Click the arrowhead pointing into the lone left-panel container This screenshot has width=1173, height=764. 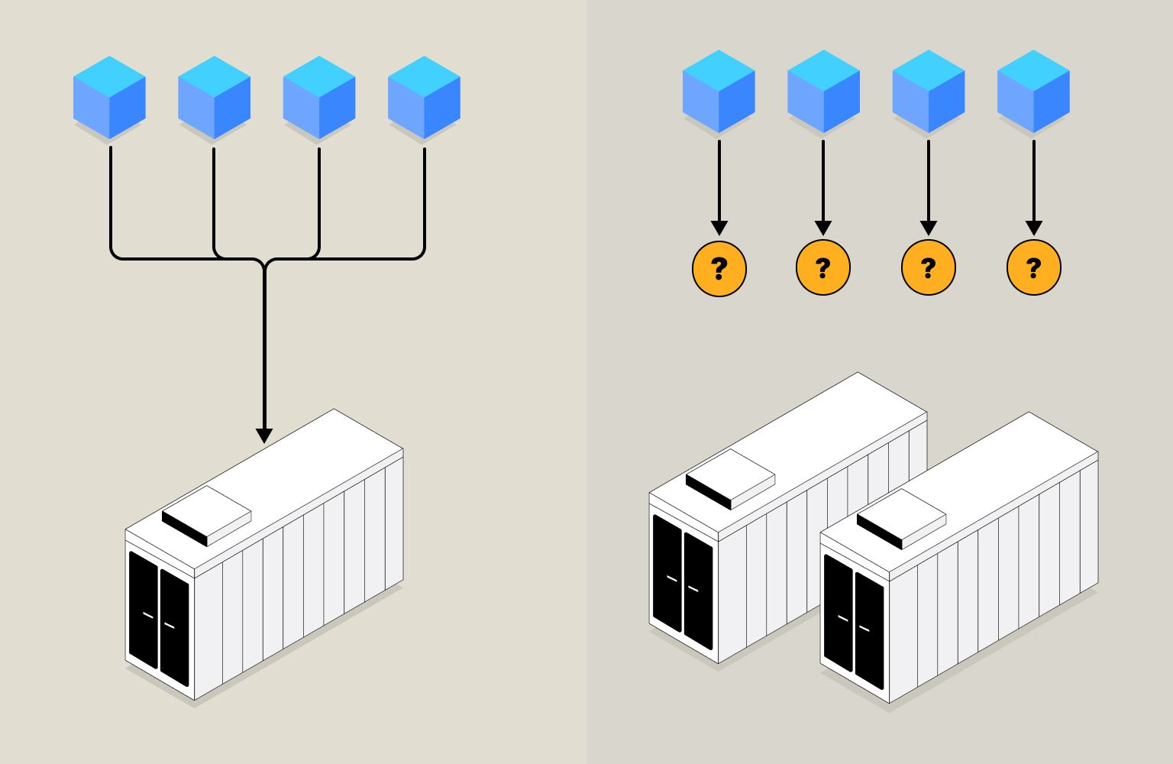coord(264,435)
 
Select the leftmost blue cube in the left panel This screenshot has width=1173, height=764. coord(109,97)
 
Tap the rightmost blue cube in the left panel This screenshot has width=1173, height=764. coord(424,97)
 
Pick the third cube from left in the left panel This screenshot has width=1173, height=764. coord(319,97)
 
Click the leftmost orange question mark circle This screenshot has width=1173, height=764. coord(719,268)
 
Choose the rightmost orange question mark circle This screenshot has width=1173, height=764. coord(1033,268)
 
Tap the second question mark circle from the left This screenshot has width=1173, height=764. coord(823,268)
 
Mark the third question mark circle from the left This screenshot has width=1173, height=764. coord(929,268)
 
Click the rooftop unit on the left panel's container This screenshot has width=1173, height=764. coord(207,516)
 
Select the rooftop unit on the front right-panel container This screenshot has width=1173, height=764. coord(901,519)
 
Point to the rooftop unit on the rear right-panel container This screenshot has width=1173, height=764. coord(730,479)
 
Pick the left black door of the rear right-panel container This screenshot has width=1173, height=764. coord(667,574)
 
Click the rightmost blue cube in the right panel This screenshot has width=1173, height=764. coord(1033,92)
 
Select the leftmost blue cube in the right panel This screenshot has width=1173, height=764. coord(719,92)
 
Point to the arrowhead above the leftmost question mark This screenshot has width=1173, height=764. coord(719,228)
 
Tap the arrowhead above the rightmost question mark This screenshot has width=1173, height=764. coord(1033,228)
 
